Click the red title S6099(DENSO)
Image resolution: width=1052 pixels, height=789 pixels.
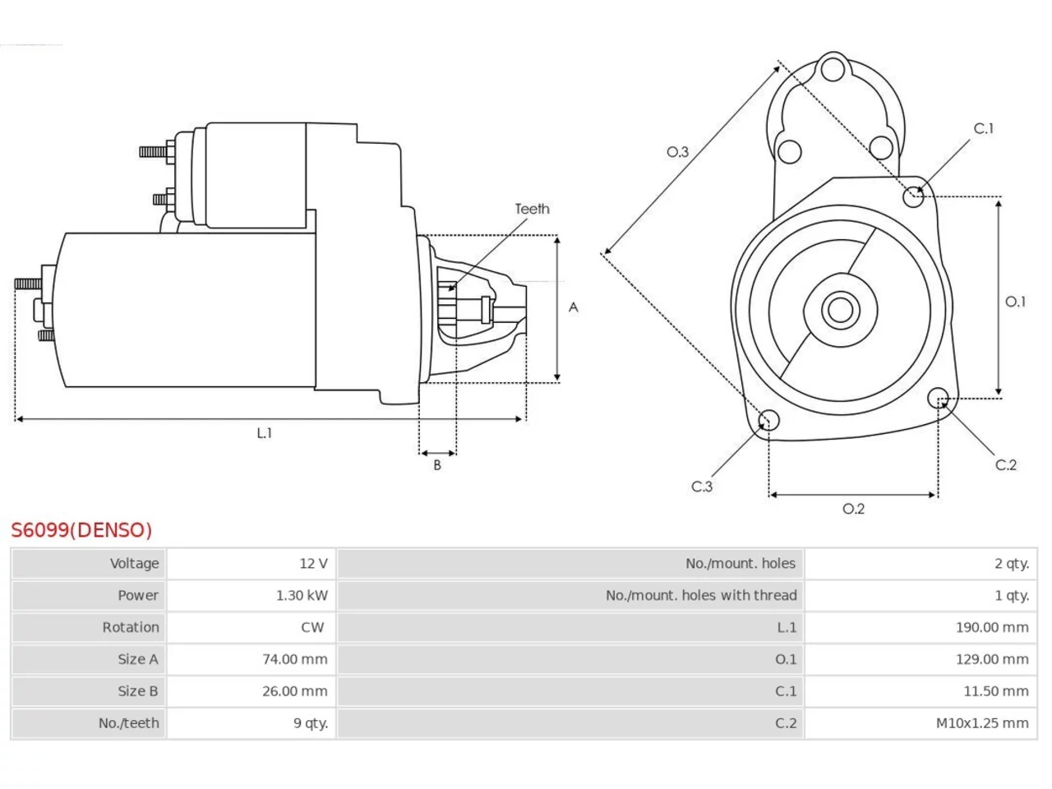click(x=81, y=530)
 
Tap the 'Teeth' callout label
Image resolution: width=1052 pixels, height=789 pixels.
click(x=532, y=209)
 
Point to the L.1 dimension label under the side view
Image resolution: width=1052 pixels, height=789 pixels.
click(x=264, y=433)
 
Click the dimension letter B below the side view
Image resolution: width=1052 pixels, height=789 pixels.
click(x=437, y=464)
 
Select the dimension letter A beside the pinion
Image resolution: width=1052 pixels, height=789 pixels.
click(x=573, y=307)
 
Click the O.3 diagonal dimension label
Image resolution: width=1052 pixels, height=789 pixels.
click(x=677, y=152)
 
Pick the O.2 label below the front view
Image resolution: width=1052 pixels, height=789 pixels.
click(x=854, y=509)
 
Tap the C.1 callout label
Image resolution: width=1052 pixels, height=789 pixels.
click(x=984, y=128)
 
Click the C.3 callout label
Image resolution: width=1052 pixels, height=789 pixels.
click(x=702, y=487)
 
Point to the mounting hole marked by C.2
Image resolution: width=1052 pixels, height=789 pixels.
click(x=938, y=398)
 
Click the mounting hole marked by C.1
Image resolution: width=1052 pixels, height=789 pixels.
click(x=913, y=196)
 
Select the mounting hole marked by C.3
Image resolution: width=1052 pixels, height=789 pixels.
click(x=768, y=420)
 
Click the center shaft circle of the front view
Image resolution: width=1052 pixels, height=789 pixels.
click(x=840, y=310)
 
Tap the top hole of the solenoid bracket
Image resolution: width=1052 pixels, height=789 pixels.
click(x=833, y=69)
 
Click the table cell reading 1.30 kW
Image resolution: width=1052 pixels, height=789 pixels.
click(x=302, y=595)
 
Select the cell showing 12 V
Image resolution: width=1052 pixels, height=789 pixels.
click(x=313, y=563)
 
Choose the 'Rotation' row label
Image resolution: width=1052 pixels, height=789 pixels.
click(x=131, y=627)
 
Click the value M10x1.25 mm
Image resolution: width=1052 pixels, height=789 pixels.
click(x=982, y=723)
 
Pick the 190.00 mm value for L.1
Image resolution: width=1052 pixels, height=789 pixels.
click(x=992, y=627)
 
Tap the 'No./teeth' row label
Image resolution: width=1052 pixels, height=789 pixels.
click(x=128, y=723)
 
